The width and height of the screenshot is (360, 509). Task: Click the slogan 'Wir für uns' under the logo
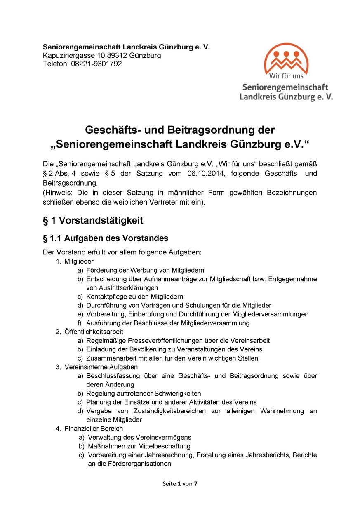point(286,76)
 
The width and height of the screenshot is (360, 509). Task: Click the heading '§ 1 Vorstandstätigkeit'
point(93,220)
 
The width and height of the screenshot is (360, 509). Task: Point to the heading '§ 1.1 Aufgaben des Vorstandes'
point(106,238)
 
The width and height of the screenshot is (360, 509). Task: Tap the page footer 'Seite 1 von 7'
point(180,484)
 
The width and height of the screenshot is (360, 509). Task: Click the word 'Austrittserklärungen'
point(122,288)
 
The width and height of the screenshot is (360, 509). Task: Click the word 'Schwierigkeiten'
point(177,394)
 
